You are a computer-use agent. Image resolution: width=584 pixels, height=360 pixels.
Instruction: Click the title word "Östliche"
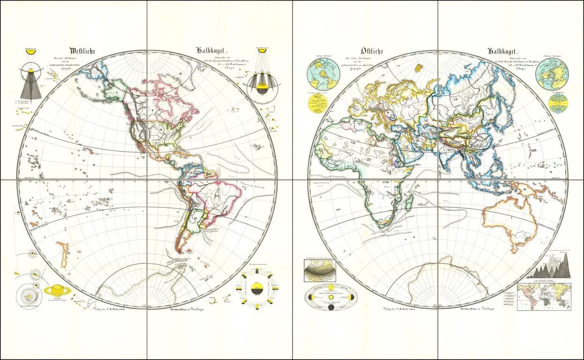pos(372,51)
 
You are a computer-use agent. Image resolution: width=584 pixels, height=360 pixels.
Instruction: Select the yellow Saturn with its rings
pos(57,290)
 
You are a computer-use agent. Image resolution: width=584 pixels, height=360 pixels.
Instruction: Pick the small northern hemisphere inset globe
pos(552,74)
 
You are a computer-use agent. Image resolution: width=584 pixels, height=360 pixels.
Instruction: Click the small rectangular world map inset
pos(544,296)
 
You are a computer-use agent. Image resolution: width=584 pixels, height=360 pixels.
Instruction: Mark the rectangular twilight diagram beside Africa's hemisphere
pos(320,270)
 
